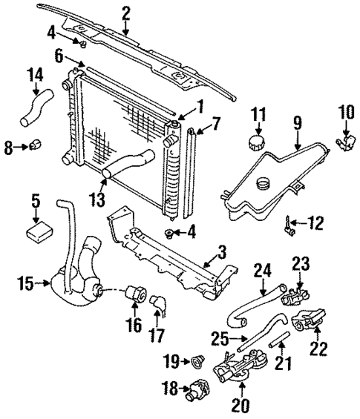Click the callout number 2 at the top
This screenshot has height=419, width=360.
click(125, 12)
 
